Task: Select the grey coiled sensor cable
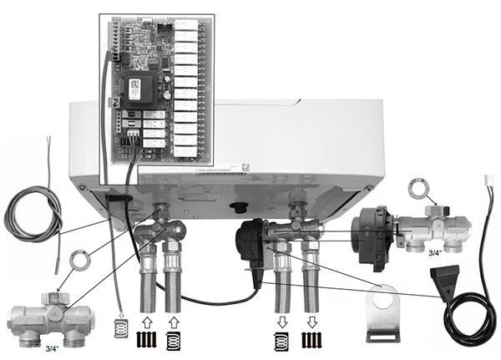click(x=33, y=213)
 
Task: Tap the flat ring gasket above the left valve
click(x=80, y=261)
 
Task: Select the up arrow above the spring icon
click(x=173, y=321)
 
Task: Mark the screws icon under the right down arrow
click(x=311, y=341)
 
